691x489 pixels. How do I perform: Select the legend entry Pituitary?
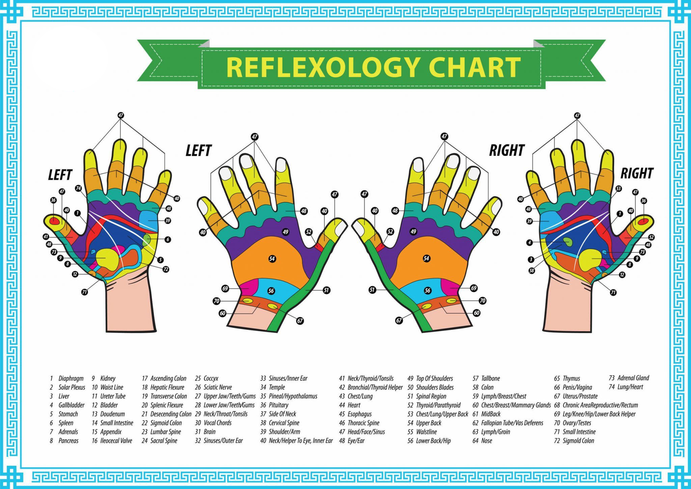pos(274,405)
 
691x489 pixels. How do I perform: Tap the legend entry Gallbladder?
pos(67,405)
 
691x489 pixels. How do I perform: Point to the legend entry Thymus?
pos(567,378)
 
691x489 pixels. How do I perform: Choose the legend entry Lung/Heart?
pos(626,387)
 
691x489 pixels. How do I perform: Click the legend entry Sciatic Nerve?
pos(213,387)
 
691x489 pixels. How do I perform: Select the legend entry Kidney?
pos(104,378)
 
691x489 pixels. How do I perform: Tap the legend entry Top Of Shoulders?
pos(430,378)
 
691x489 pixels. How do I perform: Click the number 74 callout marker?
pos(78,188)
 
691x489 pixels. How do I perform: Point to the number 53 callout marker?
pos(618,189)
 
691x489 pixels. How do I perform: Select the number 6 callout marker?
pos(167,239)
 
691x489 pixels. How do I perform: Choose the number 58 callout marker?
pos(532,271)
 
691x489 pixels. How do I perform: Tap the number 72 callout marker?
pos(166,269)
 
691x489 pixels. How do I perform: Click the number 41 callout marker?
pos(46,237)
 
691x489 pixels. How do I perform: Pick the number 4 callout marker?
pos(530,243)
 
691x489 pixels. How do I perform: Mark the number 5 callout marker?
pos(160,260)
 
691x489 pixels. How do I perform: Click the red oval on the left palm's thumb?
pos(54,221)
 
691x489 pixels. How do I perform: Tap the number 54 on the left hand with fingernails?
pos(272,259)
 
